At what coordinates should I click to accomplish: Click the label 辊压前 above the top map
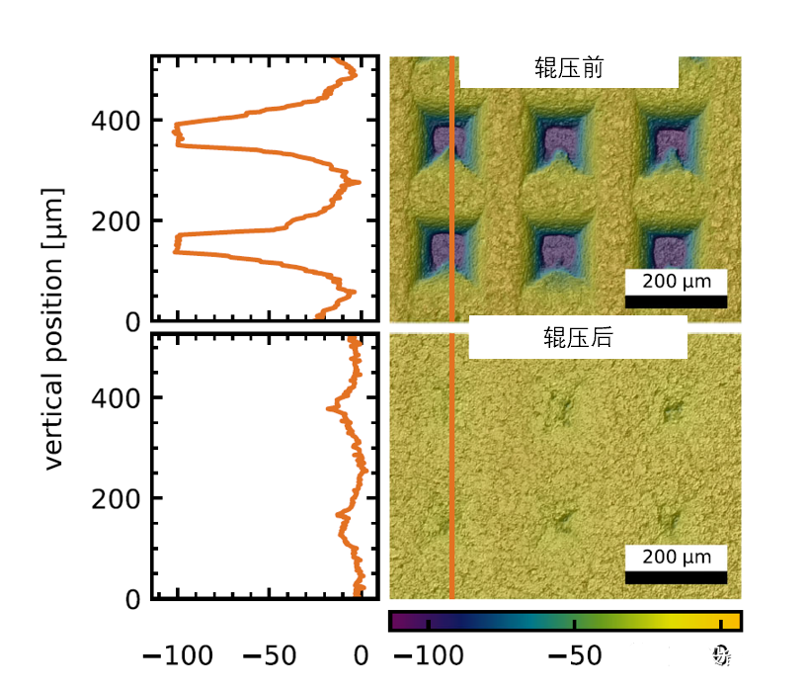pos(569,71)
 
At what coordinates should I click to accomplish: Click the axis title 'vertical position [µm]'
pos(54,328)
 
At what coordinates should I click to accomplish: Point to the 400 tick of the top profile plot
pos(115,121)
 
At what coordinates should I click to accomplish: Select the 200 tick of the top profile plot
pos(115,220)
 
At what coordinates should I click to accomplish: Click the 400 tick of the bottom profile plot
pos(115,397)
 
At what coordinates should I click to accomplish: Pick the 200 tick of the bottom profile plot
pos(115,498)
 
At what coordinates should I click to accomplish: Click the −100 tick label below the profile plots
pos(174,655)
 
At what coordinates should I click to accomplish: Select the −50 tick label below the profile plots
pos(268,655)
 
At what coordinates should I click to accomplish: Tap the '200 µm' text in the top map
pos(676,282)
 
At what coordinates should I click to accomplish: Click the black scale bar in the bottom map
pos(676,576)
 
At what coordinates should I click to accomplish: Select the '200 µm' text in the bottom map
pos(676,558)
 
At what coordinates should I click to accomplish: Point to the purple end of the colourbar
pos(397,621)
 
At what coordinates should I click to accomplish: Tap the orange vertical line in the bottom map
pos(452,465)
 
